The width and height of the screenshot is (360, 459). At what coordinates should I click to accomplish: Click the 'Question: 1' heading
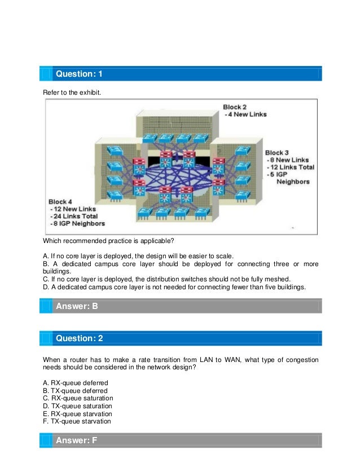point(79,74)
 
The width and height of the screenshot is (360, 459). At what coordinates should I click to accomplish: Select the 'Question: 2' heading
point(79,338)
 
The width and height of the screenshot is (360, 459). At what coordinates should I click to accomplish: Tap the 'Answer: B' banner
point(76,306)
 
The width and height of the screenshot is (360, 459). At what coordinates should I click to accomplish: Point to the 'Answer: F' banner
point(76,440)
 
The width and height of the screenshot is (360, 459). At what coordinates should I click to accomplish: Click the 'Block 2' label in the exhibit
point(235,107)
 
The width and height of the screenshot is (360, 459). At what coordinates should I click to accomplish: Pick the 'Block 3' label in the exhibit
point(277,152)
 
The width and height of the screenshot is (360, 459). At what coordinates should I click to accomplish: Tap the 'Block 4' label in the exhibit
point(61,201)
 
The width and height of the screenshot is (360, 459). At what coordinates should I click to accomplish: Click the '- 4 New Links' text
point(245,114)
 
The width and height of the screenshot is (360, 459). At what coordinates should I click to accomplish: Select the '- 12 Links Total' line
point(290,167)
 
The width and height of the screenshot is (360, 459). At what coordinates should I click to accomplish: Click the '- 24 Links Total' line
point(73,216)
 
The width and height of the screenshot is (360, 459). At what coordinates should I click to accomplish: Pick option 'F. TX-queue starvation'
point(77,421)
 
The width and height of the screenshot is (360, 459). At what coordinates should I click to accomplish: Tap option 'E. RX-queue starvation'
point(77,413)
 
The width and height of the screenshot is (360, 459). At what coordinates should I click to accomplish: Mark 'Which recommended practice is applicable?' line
point(108,241)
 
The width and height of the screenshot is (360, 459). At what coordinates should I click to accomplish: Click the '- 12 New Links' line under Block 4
point(72,209)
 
